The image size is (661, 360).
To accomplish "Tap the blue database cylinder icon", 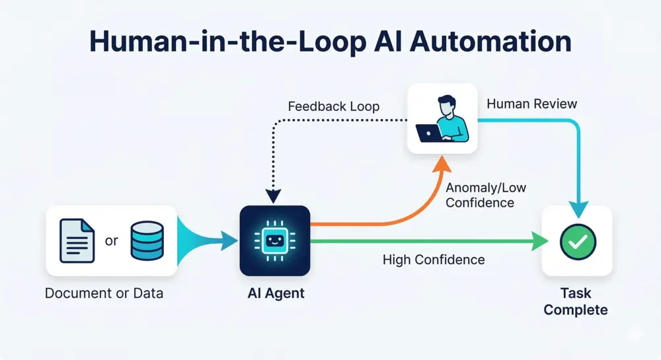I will tap(146, 240).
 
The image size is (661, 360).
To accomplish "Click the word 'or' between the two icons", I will tap(111, 240).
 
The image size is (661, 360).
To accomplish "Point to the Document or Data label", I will tap(104, 293).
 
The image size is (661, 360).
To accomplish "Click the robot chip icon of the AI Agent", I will tap(274, 240).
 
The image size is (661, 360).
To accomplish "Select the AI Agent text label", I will tap(274, 293).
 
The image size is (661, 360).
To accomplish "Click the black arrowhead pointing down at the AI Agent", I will tap(274, 196).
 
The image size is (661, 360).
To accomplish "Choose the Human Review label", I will tap(531, 104).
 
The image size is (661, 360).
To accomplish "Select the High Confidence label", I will tap(434, 260).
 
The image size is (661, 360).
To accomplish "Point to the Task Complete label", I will tap(576, 301).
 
